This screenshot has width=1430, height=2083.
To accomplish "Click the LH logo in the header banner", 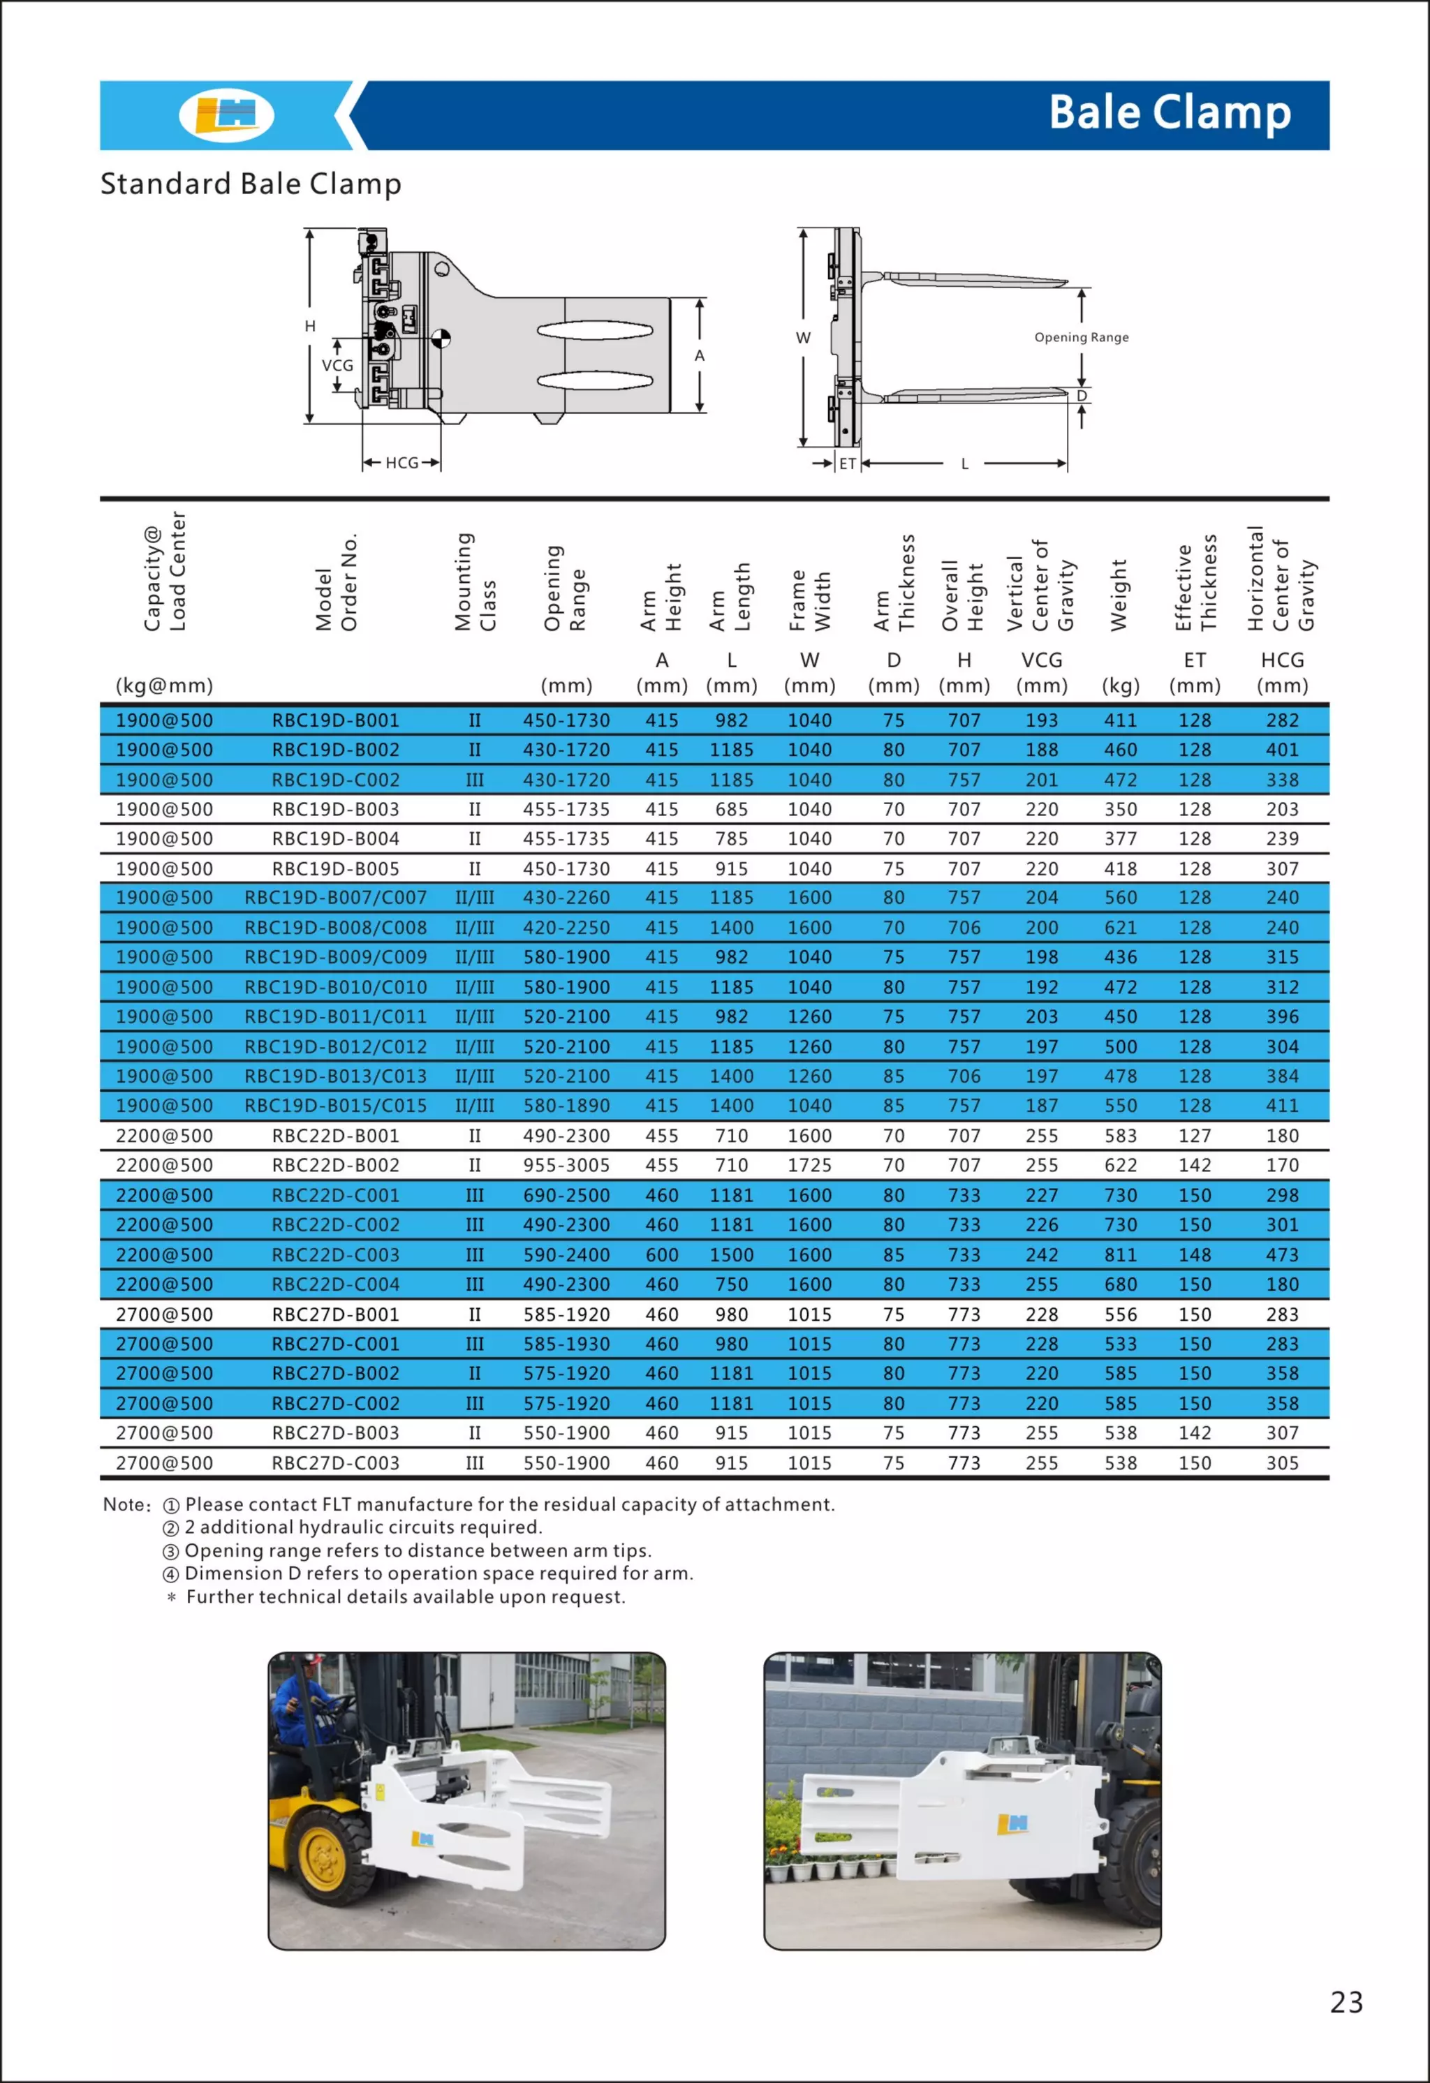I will point(226,114).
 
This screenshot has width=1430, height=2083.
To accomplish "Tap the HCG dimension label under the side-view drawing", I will point(401,463).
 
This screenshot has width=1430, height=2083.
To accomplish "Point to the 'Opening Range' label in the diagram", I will point(1082,337).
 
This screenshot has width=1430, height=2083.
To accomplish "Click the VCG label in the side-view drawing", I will point(337,366).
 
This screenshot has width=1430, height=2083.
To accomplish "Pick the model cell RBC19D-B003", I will point(335,809).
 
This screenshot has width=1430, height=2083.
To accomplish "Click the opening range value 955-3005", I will point(566,1165).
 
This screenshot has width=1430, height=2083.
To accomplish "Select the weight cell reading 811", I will point(1120,1255).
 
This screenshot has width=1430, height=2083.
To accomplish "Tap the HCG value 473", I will point(1282,1255).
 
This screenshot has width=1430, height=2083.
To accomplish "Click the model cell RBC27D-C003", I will point(335,1462).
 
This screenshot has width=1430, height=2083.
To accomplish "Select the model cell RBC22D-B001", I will point(335,1136).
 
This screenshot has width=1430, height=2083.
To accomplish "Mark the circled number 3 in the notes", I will point(170,1552).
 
